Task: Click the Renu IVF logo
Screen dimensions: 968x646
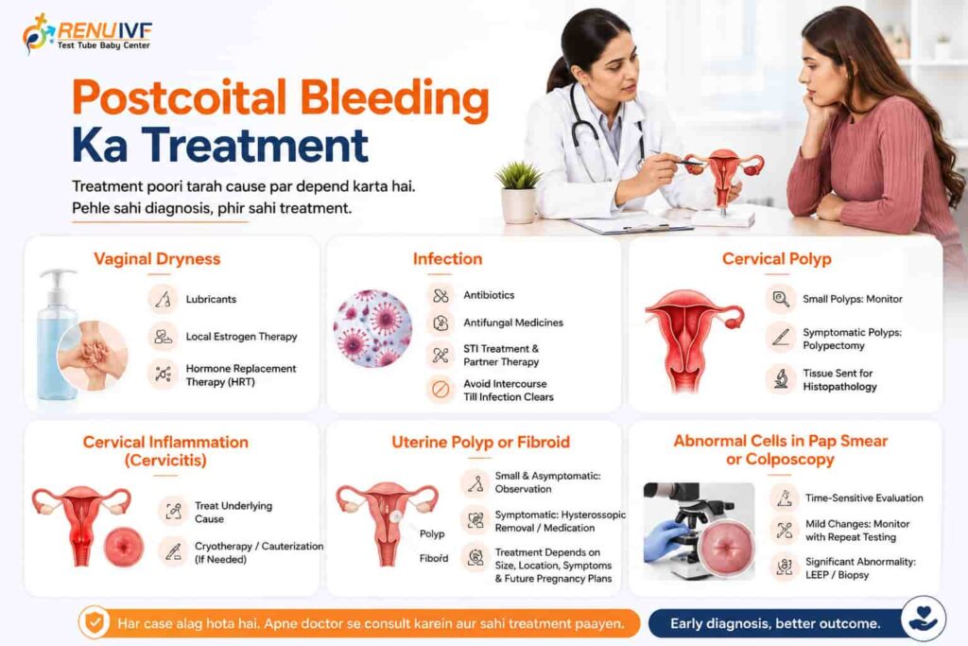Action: pos(87,33)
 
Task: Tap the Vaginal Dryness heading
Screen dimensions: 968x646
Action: pos(157,259)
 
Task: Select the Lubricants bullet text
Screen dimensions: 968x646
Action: pos(211,299)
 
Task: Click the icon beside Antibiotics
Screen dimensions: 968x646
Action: pos(441,295)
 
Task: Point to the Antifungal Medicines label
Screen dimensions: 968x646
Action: pos(513,323)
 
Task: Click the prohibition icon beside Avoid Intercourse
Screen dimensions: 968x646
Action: pos(441,390)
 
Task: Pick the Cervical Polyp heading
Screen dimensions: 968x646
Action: pos(777,259)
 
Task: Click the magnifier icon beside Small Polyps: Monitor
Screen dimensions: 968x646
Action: pos(780,299)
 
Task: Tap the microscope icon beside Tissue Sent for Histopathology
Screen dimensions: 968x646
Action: pos(780,379)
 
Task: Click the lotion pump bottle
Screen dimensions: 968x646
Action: pos(57,334)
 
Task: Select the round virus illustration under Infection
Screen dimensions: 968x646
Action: pos(372,328)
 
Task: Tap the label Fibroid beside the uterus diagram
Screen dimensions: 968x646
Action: pos(434,558)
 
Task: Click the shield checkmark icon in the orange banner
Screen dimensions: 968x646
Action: pos(95,622)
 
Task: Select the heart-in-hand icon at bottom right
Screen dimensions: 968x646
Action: pos(923,619)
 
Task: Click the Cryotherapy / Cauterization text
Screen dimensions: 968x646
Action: pos(259,546)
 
